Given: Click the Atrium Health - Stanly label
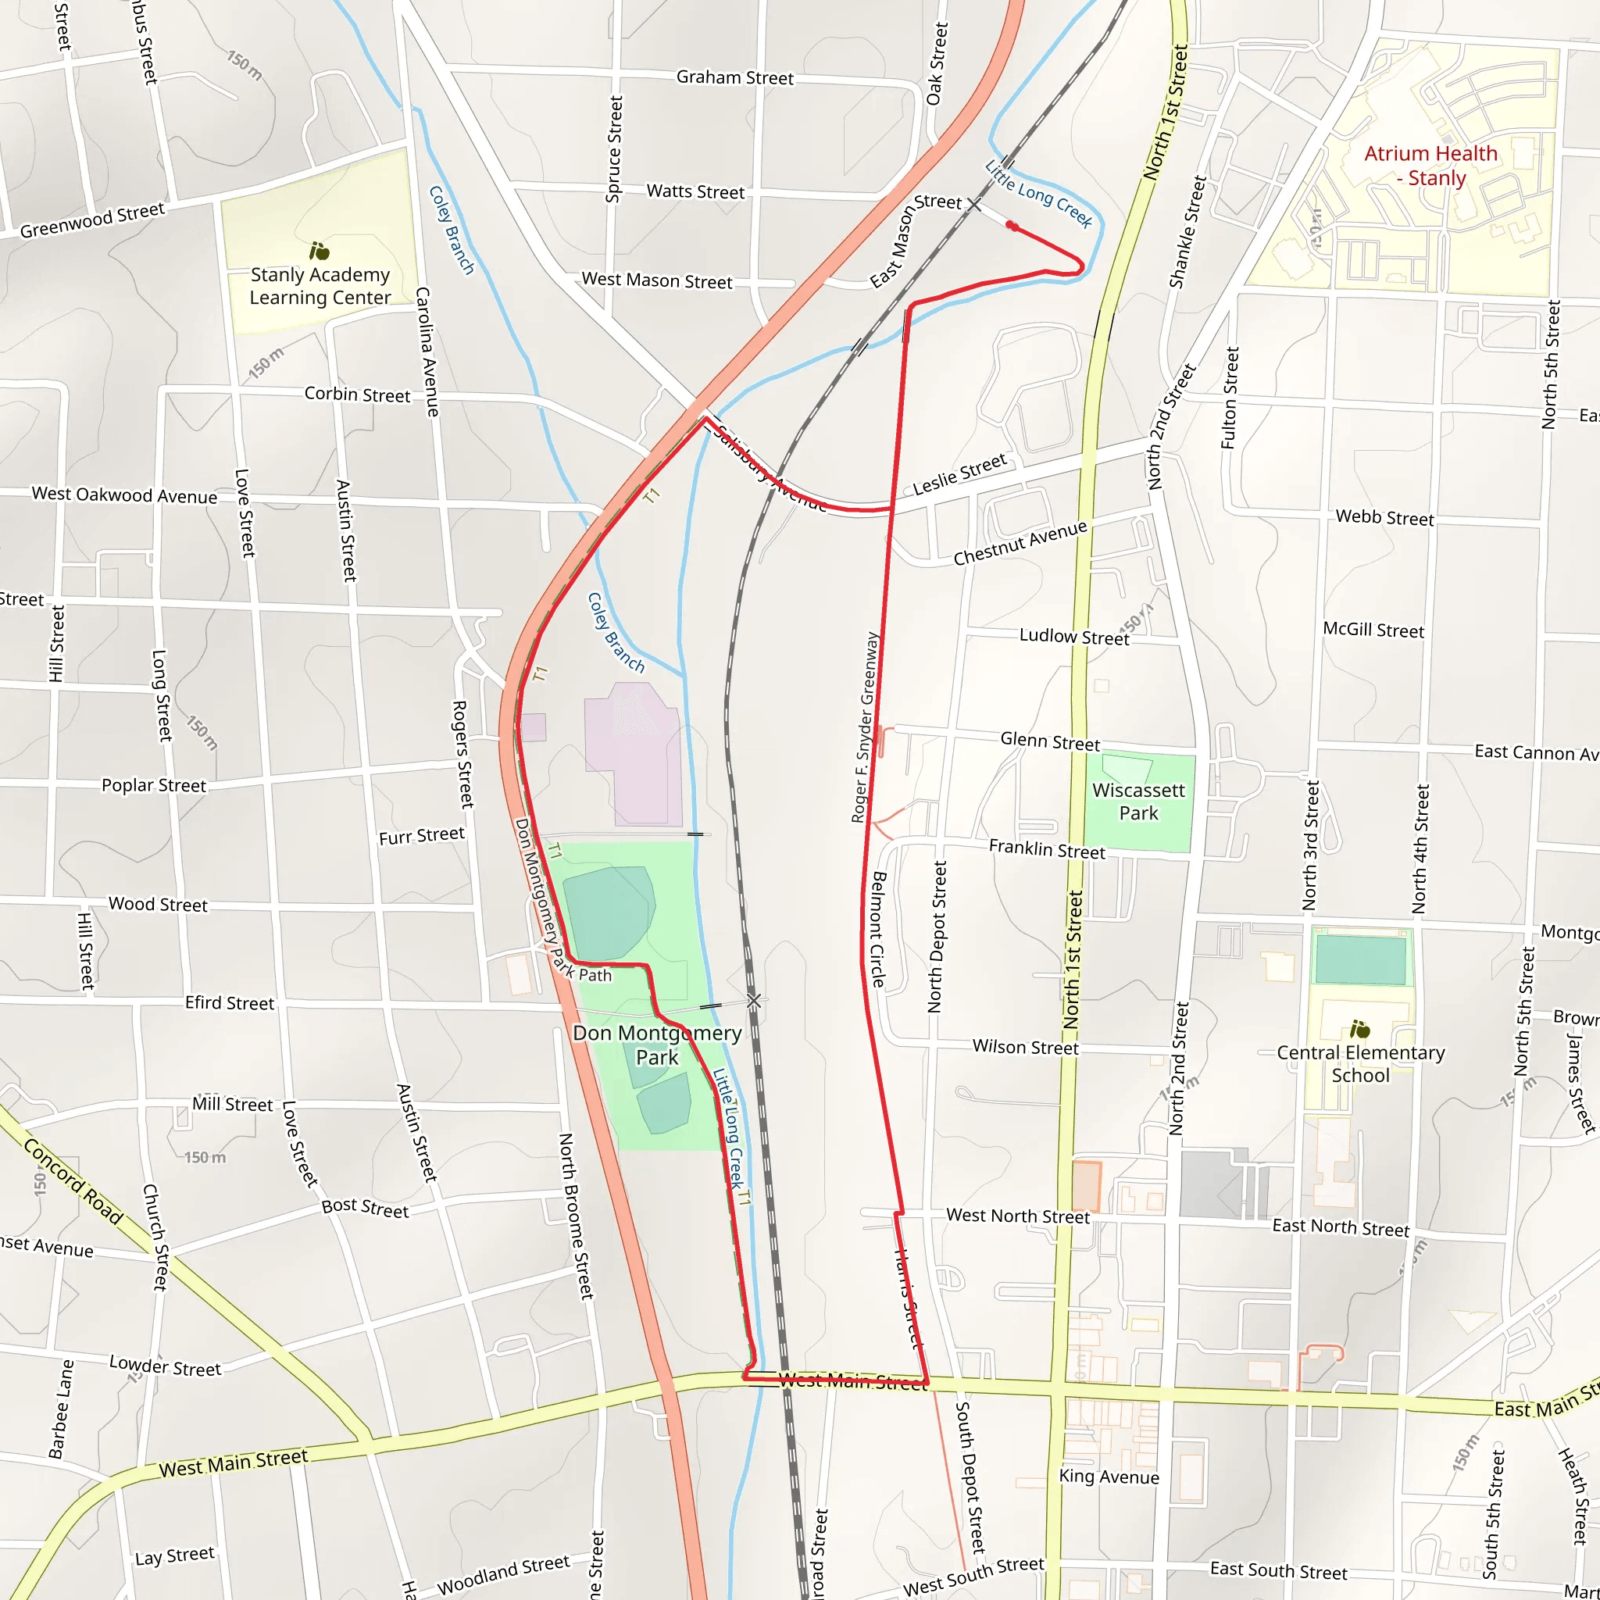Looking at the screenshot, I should coord(1430,166).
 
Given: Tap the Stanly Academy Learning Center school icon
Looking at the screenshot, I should coord(319,250).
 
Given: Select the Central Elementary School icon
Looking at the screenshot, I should coord(1359,1030).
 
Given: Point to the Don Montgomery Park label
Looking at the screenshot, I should coord(657,1045).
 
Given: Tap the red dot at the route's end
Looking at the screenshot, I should coord(1012,225).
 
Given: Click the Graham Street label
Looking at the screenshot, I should coord(734,78).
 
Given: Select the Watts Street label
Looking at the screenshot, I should coord(695,191).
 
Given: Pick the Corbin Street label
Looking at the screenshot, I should coord(357,395).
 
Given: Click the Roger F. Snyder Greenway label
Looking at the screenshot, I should coord(865,727).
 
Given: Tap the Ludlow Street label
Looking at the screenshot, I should coord(1073,636).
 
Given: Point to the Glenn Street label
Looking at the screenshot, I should coord(1049,741).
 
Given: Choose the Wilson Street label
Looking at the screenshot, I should coord(1025,1047).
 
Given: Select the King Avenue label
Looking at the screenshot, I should coord(1109,1477).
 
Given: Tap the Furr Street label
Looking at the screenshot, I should coord(422,836).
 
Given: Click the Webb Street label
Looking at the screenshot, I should coord(1384,518).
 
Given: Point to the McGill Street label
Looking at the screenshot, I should coord(1373,630).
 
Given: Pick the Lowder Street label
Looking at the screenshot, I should coord(165,1366).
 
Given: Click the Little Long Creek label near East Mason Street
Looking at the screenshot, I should coord(1038,194).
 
